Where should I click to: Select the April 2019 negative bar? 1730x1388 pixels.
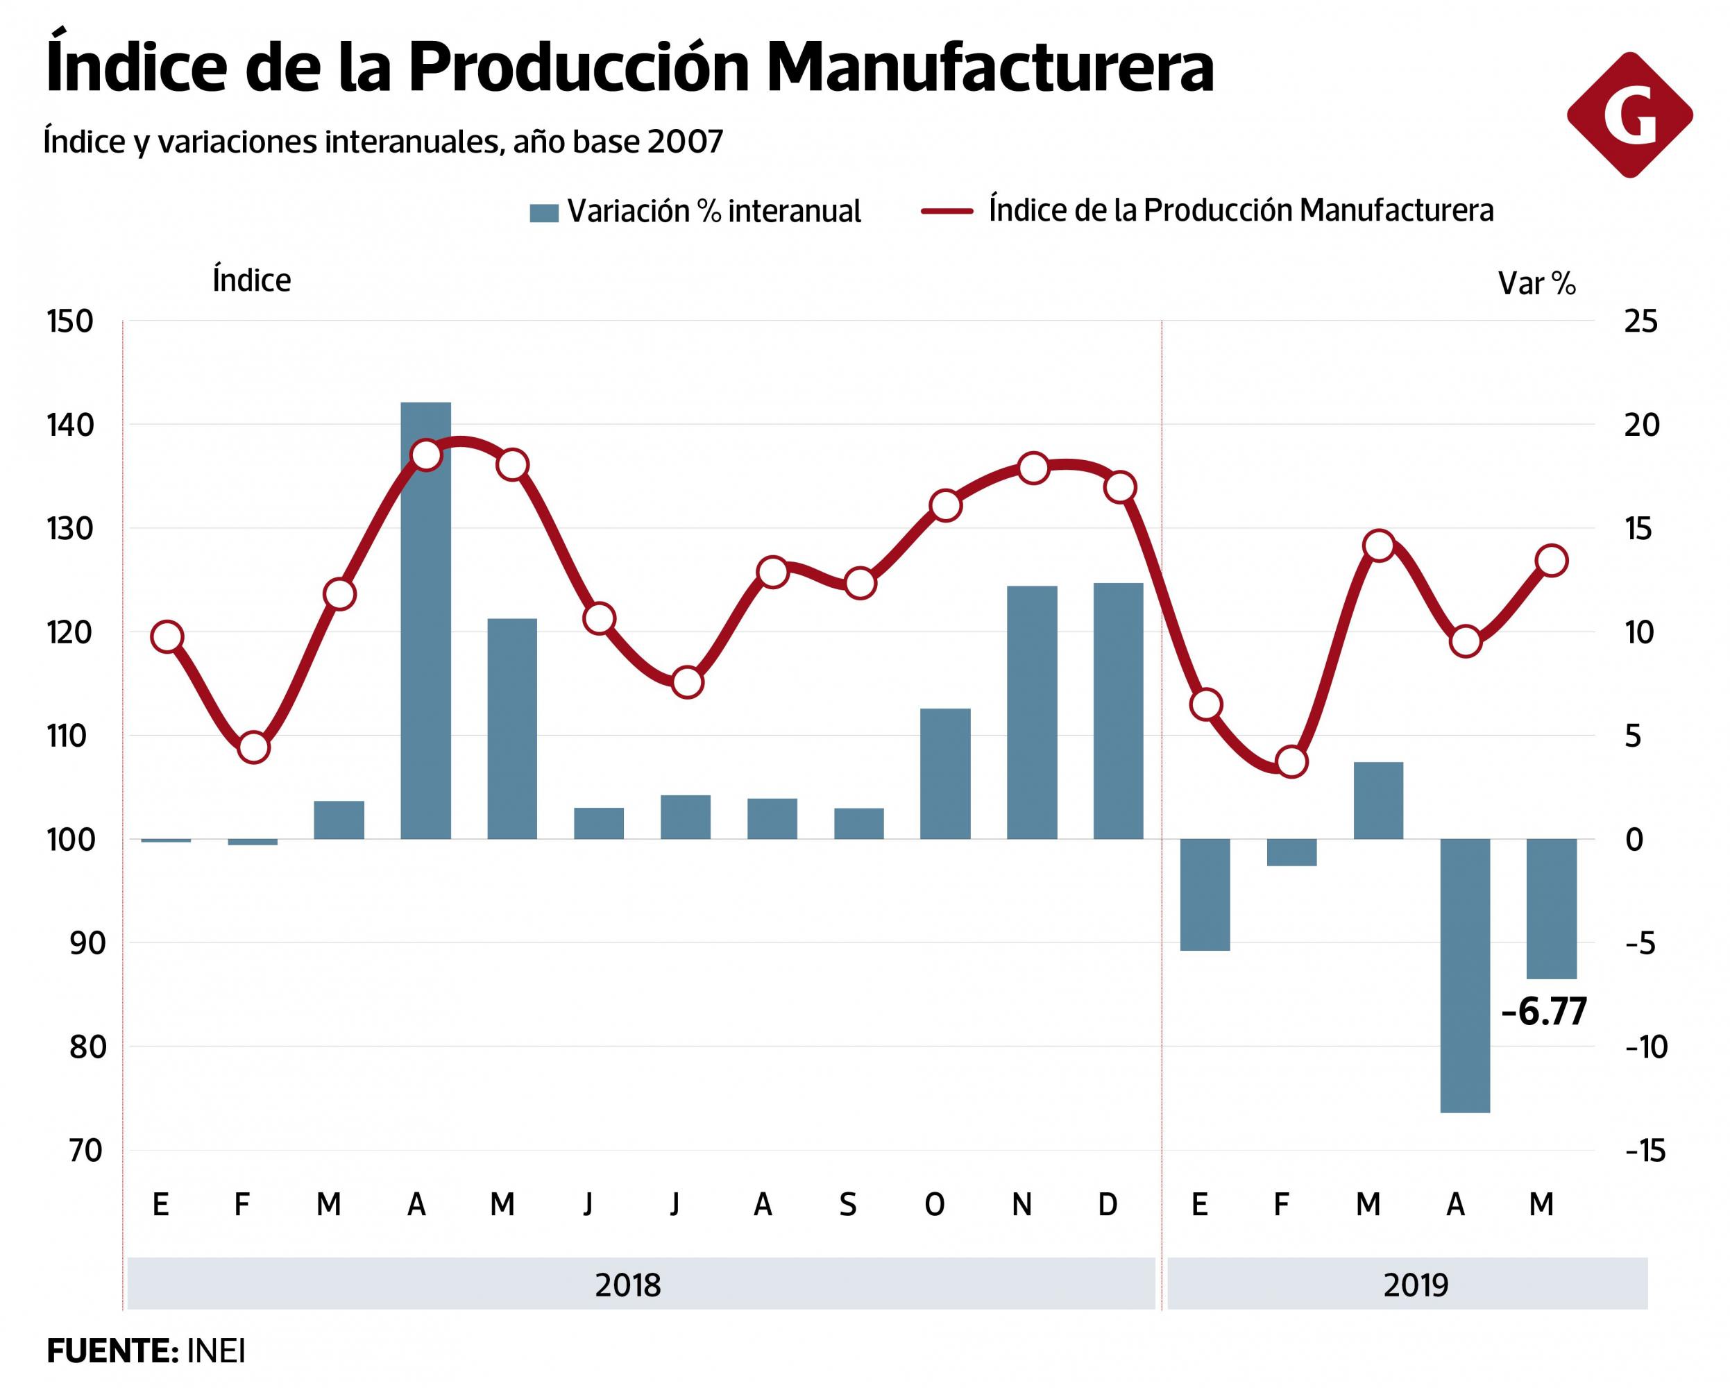[1465, 976]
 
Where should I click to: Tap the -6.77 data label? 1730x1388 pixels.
[1543, 1012]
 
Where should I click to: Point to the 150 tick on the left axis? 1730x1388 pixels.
[70, 322]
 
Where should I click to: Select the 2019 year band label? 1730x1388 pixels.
[1416, 1285]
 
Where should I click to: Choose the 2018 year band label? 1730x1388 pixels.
[627, 1285]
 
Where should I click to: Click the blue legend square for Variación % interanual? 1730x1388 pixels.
[543, 212]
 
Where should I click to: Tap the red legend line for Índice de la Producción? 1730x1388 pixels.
[947, 212]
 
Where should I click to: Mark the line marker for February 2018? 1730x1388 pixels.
[253, 747]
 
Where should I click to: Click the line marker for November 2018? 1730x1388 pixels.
[1033, 468]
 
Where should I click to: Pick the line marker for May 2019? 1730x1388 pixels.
[1552, 560]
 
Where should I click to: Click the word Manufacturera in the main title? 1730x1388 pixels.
[990, 68]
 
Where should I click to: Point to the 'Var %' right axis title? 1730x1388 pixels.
[1536, 284]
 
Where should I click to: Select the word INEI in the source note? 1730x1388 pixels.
[216, 1352]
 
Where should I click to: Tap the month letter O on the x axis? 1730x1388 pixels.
[934, 1204]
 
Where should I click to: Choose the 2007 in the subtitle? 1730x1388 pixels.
[684, 142]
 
